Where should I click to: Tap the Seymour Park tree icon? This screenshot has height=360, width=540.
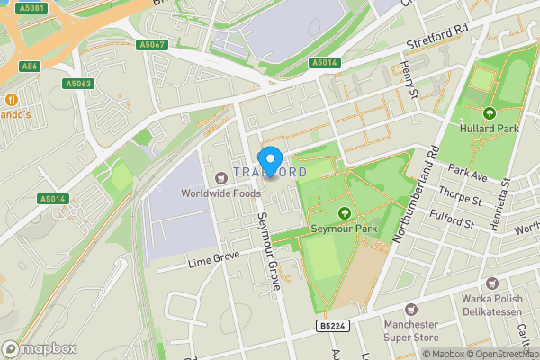coord(344,213)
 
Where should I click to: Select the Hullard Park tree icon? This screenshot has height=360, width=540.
coord(490,113)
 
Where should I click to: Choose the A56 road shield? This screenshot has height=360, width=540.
coord(31,66)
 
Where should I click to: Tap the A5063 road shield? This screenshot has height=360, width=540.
coord(78,84)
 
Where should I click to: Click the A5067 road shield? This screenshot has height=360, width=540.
coord(152,44)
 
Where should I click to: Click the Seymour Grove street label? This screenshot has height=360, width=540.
coord(271,247)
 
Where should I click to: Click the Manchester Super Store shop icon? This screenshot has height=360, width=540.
coord(413,308)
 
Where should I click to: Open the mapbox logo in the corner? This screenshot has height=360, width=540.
coord(40,348)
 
